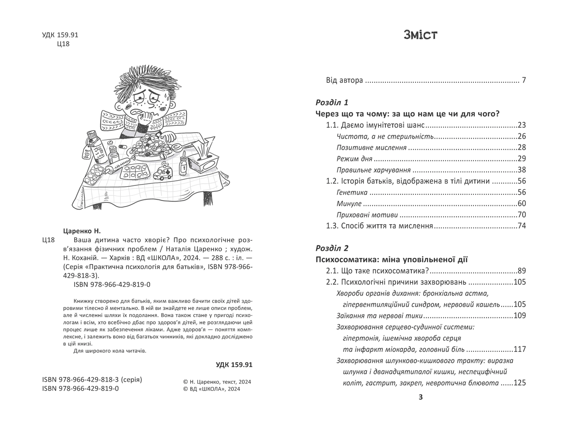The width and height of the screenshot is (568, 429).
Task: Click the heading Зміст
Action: click(x=420, y=35)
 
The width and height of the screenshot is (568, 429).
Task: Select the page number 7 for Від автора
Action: click(x=524, y=80)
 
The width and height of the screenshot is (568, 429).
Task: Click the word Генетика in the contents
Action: click(x=352, y=193)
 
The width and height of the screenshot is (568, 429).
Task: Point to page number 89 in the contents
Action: click(x=522, y=271)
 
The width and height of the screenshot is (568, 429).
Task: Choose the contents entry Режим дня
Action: click(x=355, y=159)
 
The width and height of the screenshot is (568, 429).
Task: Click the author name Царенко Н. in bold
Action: click(x=82, y=231)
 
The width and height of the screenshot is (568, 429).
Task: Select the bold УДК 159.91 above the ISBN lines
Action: click(x=234, y=365)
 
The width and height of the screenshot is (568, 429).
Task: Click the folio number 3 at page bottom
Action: click(x=421, y=397)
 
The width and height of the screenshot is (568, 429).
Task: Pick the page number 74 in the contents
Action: click(x=522, y=226)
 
